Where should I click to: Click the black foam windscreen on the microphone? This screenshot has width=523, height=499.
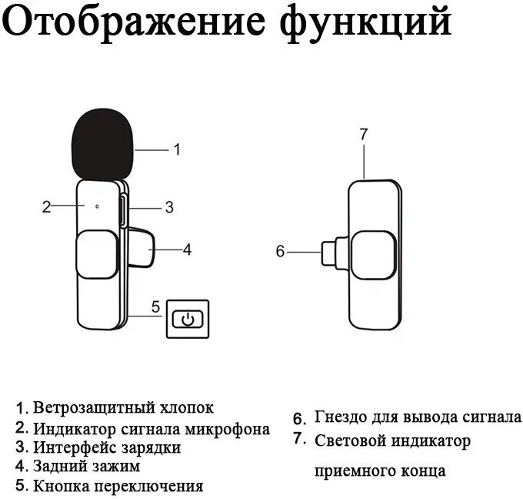point(103,144)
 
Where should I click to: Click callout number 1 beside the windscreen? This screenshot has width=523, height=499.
point(176,149)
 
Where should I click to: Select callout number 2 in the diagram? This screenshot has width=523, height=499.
point(46,206)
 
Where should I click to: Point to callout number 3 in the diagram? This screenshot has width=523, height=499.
point(169,206)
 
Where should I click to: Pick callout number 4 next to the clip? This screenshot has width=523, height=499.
point(186,249)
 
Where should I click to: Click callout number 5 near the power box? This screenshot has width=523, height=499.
point(155,306)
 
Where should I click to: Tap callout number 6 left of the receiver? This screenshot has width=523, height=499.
point(280,250)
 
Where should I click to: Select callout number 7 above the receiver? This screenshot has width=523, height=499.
point(364,134)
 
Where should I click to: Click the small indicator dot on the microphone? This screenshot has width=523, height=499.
point(97,206)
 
